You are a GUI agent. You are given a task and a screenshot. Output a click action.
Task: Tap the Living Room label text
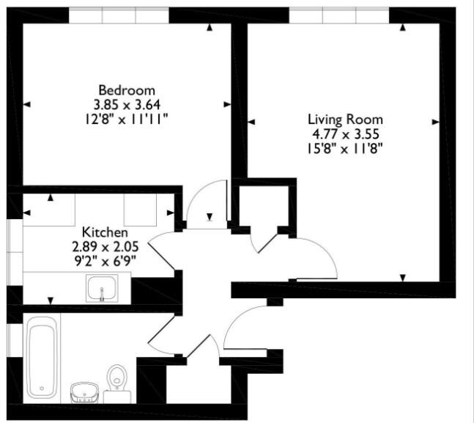344,119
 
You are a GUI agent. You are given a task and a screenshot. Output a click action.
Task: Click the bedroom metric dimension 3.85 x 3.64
122,104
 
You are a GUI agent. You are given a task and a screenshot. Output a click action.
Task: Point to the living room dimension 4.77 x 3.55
344,133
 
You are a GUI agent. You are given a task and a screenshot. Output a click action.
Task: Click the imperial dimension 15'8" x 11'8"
344,148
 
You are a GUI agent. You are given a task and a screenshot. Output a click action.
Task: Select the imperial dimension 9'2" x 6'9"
110,259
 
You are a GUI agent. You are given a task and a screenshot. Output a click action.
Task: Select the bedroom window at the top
119,15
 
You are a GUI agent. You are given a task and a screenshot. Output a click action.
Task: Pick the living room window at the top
338,15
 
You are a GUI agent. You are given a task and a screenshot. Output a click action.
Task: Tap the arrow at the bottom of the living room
403,277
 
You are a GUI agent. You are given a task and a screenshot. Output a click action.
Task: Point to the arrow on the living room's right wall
437,120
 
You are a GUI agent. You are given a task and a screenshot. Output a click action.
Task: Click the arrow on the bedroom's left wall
26,105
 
